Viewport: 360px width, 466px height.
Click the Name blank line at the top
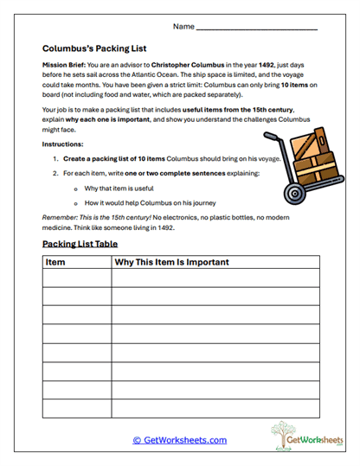click(x=257, y=29)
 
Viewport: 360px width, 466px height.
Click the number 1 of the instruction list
click(x=55, y=160)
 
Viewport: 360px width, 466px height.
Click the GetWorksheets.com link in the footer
click(x=180, y=440)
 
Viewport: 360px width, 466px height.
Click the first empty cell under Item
click(x=77, y=278)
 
